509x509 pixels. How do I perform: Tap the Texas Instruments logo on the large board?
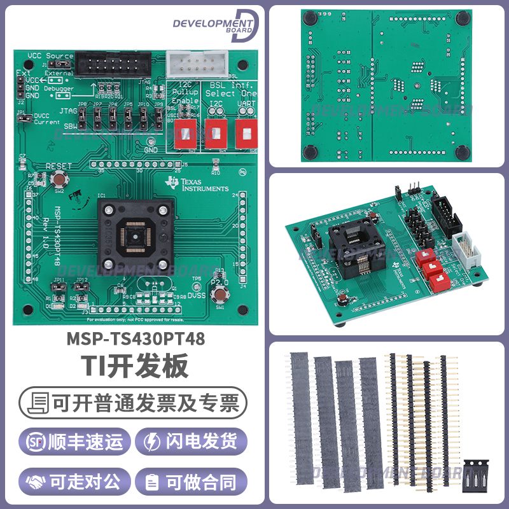coord(197,185)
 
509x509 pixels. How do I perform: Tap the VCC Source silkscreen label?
coord(50,56)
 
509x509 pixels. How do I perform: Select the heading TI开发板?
coord(134,367)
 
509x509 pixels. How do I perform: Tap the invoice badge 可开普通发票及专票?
coord(134,402)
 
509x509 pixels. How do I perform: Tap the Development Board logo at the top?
coord(215,25)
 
